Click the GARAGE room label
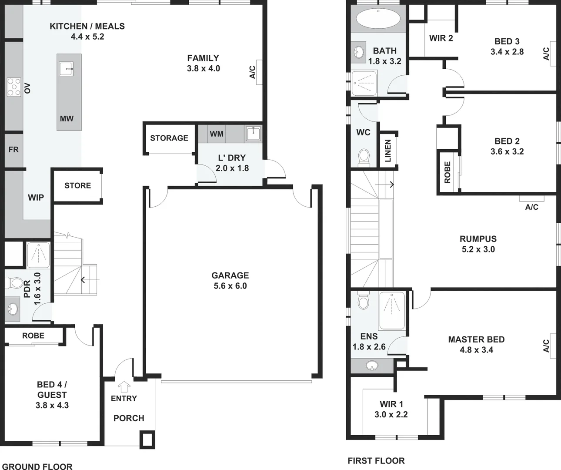pyautogui.click(x=230, y=275)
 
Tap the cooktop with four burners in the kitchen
pyautogui.click(x=13, y=87)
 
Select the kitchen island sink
pyautogui.click(x=67, y=67)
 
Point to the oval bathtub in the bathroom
pyautogui.click(x=378, y=19)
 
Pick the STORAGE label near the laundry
pyautogui.click(x=169, y=138)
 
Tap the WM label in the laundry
pyautogui.click(x=216, y=134)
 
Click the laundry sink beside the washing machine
pyautogui.click(x=253, y=133)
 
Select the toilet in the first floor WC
pyautogui.click(x=364, y=156)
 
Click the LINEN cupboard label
pyautogui.click(x=388, y=151)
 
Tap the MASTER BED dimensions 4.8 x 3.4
pyautogui.click(x=476, y=350)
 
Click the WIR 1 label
pyautogui.click(x=391, y=404)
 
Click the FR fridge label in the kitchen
pyautogui.click(x=13, y=149)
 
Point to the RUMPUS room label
pyautogui.click(x=478, y=239)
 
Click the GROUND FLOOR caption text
pyautogui.click(x=37, y=467)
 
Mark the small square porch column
pyautogui.click(x=147, y=440)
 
